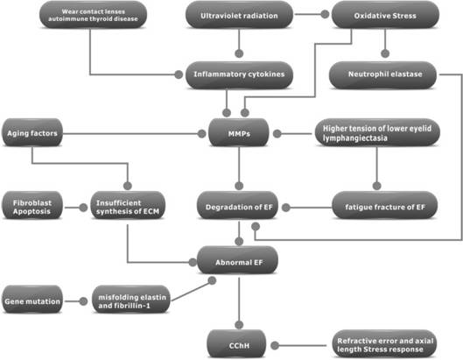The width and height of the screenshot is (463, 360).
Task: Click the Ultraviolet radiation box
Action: coord(239,15)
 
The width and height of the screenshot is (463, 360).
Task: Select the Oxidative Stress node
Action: coord(385,15)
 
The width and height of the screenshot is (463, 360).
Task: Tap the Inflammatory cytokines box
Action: coord(239,75)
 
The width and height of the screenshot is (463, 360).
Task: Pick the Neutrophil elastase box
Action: coord(382,75)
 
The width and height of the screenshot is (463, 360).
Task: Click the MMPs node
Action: coord(239,133)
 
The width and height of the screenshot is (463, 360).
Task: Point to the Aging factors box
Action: coord(32,133)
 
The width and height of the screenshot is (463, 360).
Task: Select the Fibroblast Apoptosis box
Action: coord(32,206)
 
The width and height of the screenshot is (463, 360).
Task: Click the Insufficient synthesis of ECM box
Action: coord(128,206)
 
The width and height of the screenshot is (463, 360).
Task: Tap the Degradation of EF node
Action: coord(238,206)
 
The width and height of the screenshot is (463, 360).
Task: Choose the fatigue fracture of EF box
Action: coord(385,206)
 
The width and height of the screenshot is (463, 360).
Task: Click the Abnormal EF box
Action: coord(238,261)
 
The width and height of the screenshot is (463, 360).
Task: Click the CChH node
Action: coord(236,344)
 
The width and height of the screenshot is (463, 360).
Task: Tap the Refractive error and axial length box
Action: coord(384,344)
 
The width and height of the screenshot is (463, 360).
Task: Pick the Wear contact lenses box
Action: coord(93,15)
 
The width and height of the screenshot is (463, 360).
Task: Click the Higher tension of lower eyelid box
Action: coord(377,133)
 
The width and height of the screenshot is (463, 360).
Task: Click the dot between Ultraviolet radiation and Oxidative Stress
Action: coord(325,14)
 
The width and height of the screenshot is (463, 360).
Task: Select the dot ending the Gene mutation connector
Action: coord(83,301)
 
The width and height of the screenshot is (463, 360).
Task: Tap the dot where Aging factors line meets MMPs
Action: coord(201,134)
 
